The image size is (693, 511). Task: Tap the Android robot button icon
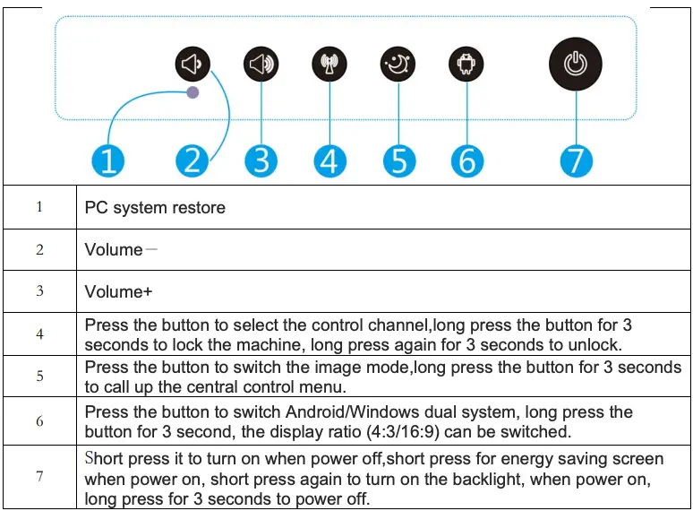tap(466, 65)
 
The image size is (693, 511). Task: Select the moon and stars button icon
tap(398, 65)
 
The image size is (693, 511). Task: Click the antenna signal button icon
tap(329, 65)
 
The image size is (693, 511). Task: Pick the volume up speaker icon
tap(261, 65)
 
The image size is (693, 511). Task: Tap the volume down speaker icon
tap(192, 65)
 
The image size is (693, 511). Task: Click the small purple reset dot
tap(192, 92)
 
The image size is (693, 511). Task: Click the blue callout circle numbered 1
tap(107, 161)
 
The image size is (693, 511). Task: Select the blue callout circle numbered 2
tap(192, 161)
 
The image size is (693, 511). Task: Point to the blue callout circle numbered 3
tap(261, 161)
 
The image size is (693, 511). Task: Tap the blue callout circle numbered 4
tap(329, 161)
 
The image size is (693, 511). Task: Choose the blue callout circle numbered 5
tap(398, 161)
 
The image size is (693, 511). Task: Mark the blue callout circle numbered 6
tap(466, 161)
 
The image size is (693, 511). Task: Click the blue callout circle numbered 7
tap(575, 161)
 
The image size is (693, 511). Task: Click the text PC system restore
tap(155, 208)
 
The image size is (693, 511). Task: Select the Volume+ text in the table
tap(114, 292)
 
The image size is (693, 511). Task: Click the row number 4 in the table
tap(39, 334)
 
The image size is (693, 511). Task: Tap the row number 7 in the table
tap(39, 476)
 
